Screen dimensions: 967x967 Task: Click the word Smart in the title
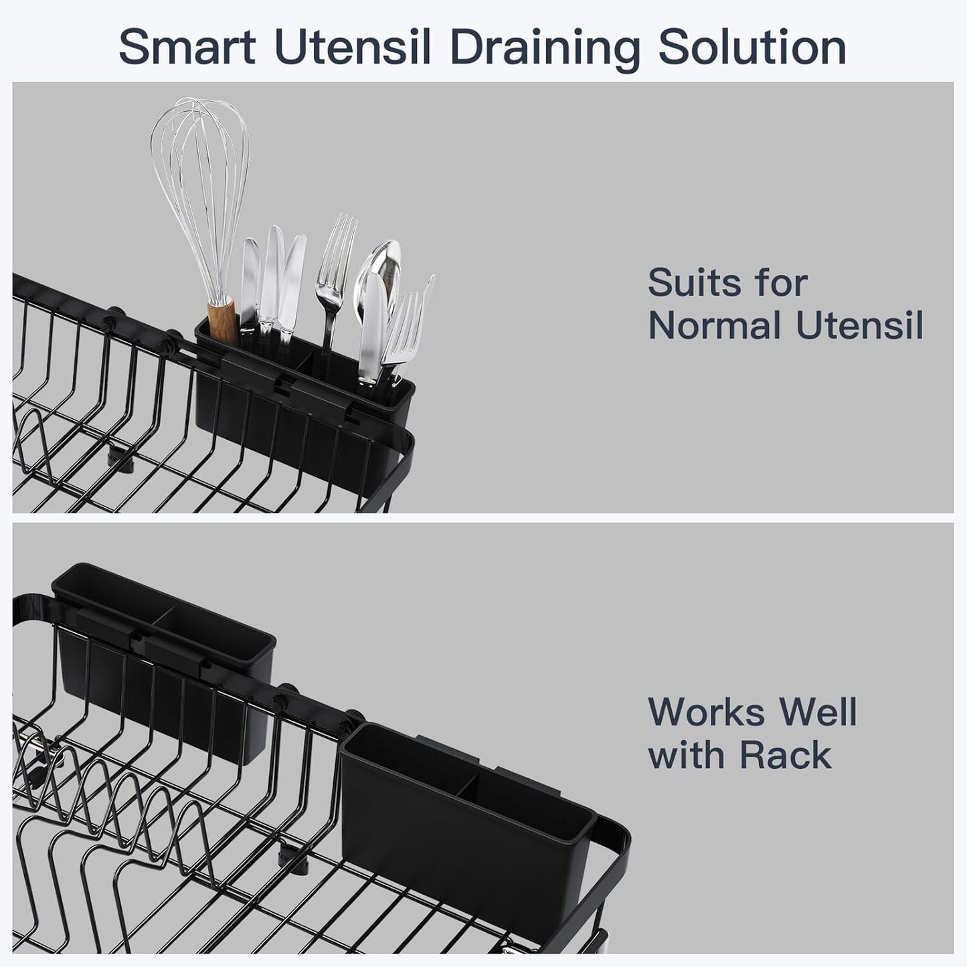click(x=186, y=48)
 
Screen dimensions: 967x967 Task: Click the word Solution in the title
click(x=752, y=48)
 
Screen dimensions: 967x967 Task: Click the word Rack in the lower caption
click(x=786, y=756)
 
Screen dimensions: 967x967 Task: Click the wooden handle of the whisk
click(x=220, y=320)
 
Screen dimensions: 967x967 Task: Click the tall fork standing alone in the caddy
click(x=335, y=268)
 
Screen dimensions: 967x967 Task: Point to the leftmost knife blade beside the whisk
click(x=250, y=281)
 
